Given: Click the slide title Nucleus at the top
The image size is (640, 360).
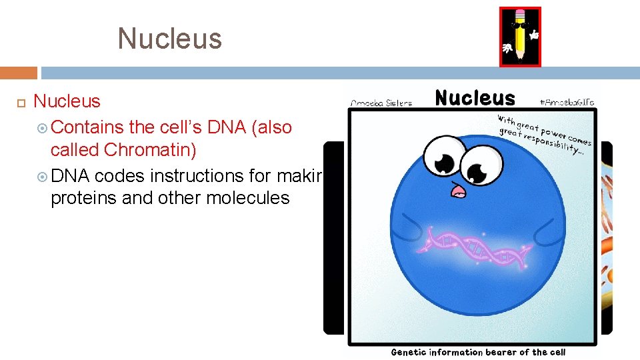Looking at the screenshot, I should point(169,39).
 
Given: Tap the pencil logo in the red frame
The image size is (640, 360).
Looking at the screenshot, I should point(520,37).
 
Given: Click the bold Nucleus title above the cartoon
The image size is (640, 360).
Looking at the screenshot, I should point(475,99).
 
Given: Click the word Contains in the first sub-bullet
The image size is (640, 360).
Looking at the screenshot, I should point(87,127).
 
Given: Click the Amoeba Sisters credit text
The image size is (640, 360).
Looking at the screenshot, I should point(381,103).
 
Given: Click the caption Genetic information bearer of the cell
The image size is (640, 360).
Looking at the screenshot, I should point(477,352).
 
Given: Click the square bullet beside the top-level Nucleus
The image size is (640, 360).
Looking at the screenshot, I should point(20,103).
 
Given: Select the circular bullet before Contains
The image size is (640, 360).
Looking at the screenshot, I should point(41,127).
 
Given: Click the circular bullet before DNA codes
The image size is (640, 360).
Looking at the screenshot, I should point(41,176).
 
